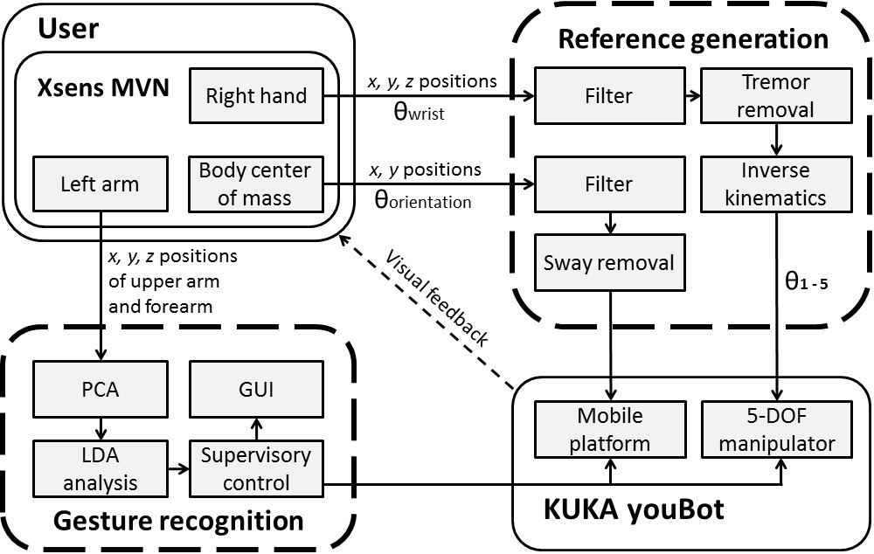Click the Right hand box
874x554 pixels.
(256, 95)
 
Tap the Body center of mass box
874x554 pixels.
(256, 184)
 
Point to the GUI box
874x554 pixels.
(255, 389)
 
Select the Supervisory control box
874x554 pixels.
(255, 467)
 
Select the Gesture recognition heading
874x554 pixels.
(178, 522)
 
